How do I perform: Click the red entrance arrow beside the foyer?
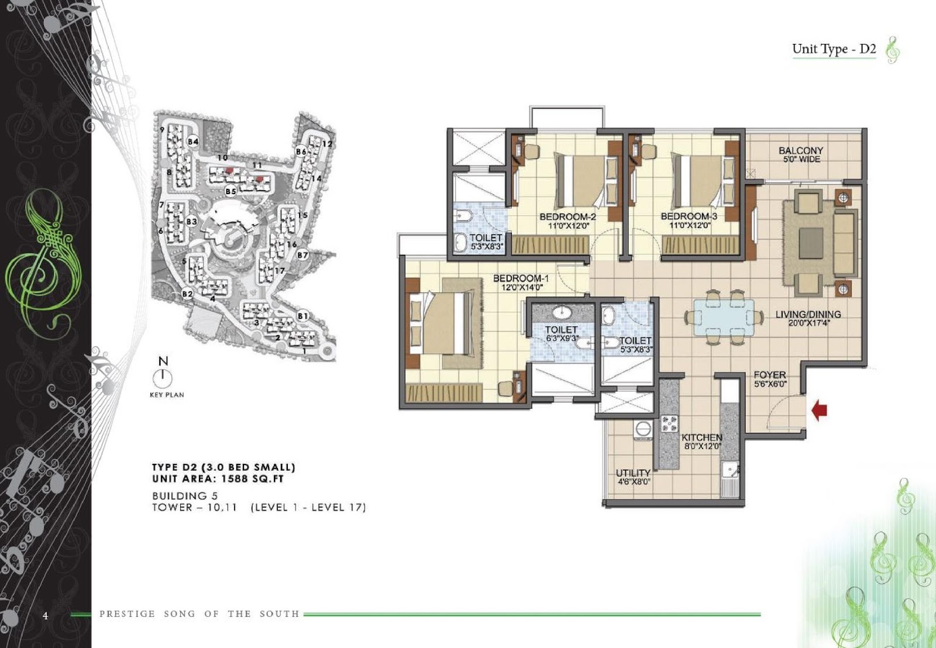(819, 411)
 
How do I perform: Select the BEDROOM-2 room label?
(567, 217)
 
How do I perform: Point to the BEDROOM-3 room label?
(689, 216)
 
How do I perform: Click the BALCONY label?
(801, 150)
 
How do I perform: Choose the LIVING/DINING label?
(808, 314)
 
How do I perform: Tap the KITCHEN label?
(702, 437)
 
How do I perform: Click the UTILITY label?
(633, 473)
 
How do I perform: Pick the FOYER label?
(770, 375)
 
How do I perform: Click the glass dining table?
(724, 318)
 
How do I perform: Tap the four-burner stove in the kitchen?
(669, 423)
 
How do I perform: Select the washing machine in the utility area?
(642, 429)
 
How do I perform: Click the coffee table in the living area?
(811, 243)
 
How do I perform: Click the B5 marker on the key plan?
(230, 191)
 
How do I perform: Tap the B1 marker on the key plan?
(303, 316)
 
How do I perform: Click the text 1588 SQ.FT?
(252, 479)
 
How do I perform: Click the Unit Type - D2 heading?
(834, 49)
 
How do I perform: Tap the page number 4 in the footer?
(46, 615)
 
